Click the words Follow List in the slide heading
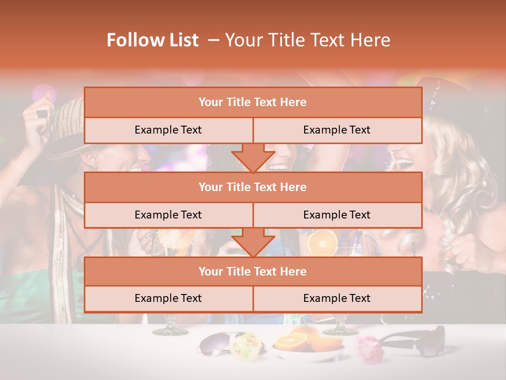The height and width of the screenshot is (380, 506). point(152,40)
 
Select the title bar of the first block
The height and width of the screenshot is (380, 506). point(253,102)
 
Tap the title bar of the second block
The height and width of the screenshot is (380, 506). point(253,187)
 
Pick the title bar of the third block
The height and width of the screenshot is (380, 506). point(253,271)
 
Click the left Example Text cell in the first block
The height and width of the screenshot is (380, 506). point(168,130)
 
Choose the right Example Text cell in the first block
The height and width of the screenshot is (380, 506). point(337,130)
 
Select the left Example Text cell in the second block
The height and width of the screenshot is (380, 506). point(168,215)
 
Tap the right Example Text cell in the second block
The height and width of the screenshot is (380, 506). point(337,215)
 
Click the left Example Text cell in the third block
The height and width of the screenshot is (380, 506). point(168,298)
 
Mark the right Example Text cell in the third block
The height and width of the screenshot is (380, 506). point(337,298)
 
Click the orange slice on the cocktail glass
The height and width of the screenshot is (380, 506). point(322,243)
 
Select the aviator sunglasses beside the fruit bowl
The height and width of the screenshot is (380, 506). point(216,344)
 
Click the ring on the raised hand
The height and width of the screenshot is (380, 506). point(42,114)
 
